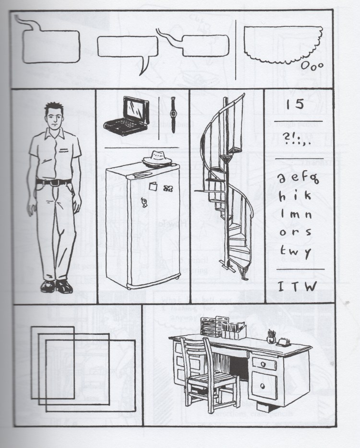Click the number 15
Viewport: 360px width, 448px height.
[x=293, y=105]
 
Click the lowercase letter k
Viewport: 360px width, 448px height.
[x=307, y=197]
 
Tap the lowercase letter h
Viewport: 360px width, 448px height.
[x=283, y=197]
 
